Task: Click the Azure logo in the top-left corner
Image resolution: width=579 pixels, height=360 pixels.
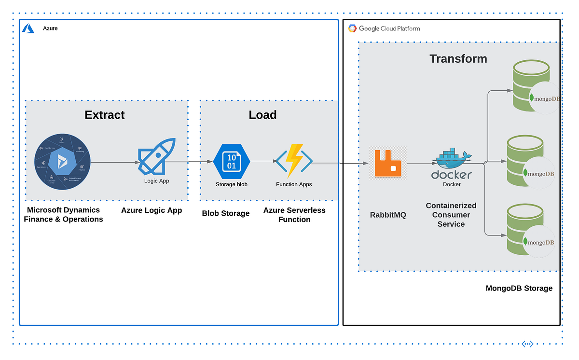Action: click(28, 28)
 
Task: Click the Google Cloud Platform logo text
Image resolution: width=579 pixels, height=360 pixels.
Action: click(384, 28)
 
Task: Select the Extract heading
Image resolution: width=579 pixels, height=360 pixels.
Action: click(104, 115)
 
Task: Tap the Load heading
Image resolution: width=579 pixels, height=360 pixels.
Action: click(262, 115)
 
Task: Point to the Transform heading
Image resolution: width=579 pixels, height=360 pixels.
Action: click(458, 59)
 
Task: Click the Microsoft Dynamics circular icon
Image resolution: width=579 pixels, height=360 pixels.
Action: click(62, 162)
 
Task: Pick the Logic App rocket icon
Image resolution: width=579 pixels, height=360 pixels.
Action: click(157, 157)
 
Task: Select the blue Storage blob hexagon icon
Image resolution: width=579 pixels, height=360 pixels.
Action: click(232, 161)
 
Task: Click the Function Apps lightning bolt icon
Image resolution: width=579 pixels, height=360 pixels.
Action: click(294, 161)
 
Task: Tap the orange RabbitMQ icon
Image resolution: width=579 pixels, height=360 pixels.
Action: click(388, 163)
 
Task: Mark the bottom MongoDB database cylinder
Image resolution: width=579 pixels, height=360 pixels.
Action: click(525, 230)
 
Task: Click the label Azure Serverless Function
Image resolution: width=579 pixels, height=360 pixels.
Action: click(294, 215)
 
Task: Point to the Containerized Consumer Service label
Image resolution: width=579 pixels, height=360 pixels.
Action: click(451, 215)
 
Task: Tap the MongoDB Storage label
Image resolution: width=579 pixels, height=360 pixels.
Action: click(519, 288)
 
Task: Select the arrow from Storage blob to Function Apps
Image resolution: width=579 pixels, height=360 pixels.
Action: click(263, 161)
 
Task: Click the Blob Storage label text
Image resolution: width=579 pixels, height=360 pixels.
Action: click(226, 213)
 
